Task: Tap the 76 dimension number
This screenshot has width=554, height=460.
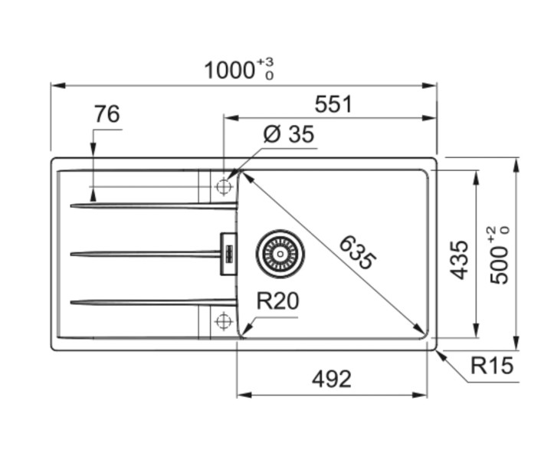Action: pyautogui.click(x=107, y=114)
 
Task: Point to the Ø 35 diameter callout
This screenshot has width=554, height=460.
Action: pyautogui.click(x=288, y=134)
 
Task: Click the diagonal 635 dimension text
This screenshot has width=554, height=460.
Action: pyautogui.click(x=356, y=252)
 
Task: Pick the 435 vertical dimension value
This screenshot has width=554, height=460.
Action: pyautogui.click(x=458, y=259)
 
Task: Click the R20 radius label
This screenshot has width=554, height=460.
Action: pyautogui.click(x=277, y=301)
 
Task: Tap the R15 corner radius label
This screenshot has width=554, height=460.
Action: pyautogui.click(x=490, y=366)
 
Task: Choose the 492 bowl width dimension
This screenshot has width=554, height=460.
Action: pyautogui.click(x=332, y=379)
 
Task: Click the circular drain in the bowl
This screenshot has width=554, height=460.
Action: pyautogui.click(x=280, y=253)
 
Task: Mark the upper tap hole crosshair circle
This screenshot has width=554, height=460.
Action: pyautogui.click(x=224, y=186)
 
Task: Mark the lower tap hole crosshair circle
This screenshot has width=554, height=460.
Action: pyautogui.click(x=224, y=320)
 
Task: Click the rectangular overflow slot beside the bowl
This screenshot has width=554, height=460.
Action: pyautogui.click(x=227, y=253)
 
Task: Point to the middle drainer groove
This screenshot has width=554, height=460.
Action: pyautogui.click(x=146, y=253)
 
